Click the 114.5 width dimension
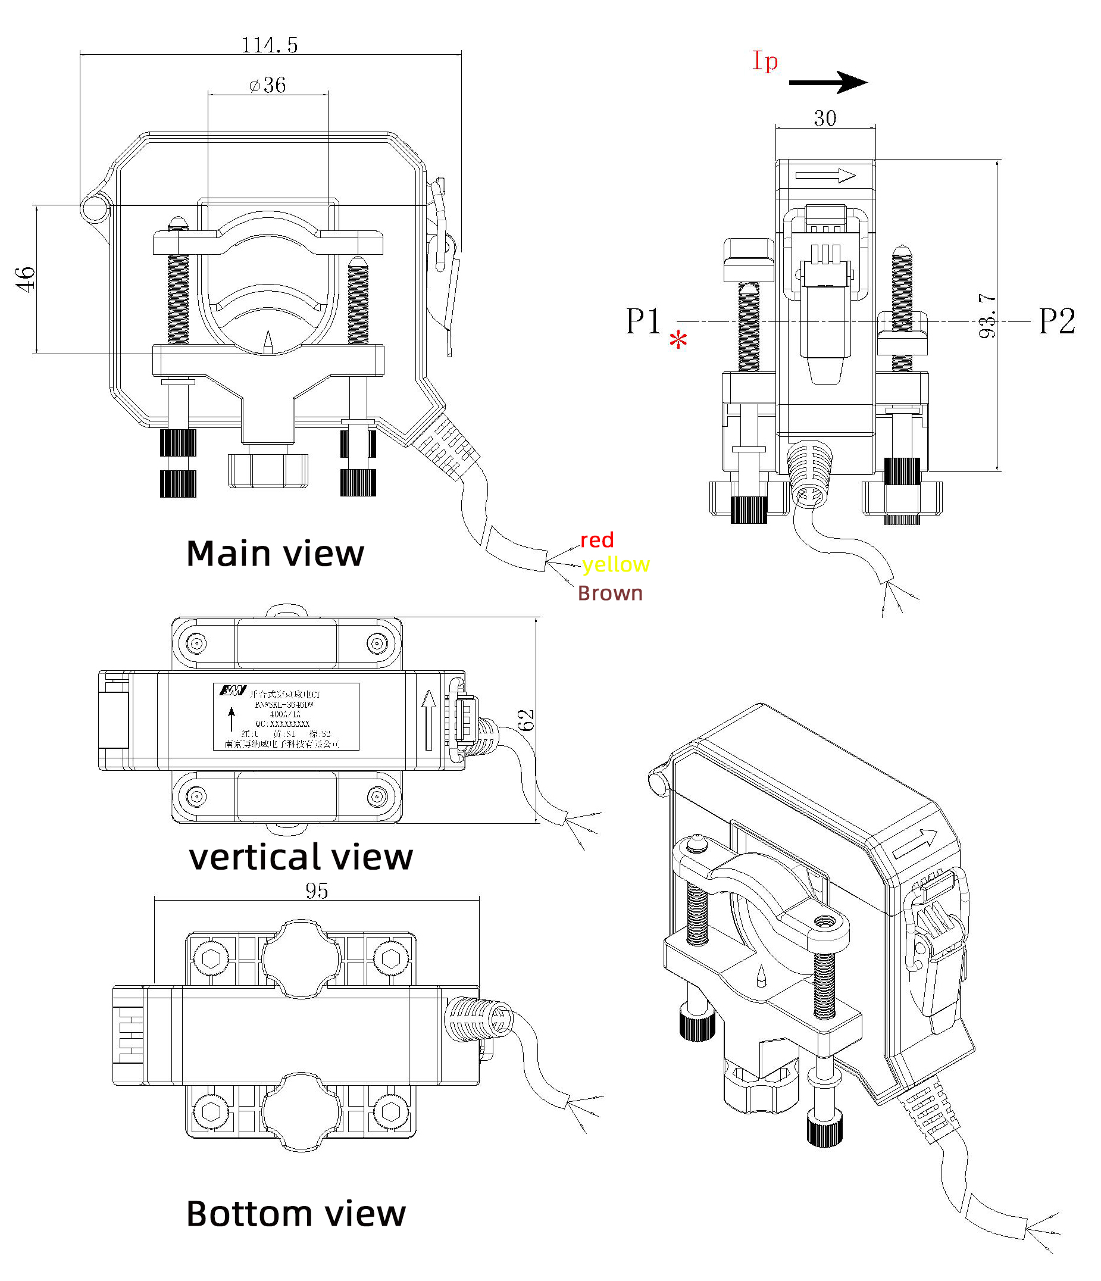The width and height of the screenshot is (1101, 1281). click(270, 45)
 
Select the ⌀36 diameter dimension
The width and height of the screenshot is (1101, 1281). click(268, 85)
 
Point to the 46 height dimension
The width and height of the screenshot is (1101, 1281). click(26, 279)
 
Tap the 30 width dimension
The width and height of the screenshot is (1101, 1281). click(825, 118)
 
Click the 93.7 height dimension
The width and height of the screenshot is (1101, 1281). click(988, 316)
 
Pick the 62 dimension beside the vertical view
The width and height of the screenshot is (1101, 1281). click(526, 720)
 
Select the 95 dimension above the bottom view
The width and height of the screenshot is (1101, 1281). click(317, 891)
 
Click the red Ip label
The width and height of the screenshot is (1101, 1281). click(765, 61)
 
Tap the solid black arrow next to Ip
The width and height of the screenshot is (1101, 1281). click(828, 82)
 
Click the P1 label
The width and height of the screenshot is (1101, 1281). click(643, 321)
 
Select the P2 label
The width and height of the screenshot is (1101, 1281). click(1057, 321)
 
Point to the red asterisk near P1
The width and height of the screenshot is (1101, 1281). click(678, 340)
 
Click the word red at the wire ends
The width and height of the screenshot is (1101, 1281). click(596, 540)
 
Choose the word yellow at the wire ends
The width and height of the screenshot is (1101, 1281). click(616, 564)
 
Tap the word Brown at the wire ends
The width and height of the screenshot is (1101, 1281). click(610, 593)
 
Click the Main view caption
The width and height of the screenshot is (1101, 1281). click(275, 554)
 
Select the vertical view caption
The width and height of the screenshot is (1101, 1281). click(301, 858)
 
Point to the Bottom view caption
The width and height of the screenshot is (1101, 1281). click(296, 1214)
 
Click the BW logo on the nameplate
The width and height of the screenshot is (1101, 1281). click(233, 691)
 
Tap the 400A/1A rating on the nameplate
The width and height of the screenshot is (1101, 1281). click(285, 714)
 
